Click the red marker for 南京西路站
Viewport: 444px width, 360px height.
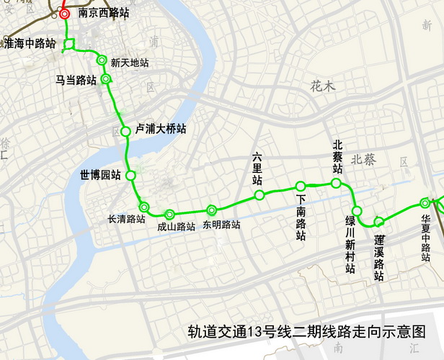tap(65, 14)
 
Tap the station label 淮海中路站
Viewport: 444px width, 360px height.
tap(30, 43)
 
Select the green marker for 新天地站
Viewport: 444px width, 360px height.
tap(102, 60)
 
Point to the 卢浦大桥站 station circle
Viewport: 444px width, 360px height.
tap(125, 131)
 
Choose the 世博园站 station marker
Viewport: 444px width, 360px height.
tap(130, 175)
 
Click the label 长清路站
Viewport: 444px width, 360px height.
tap(126, 219)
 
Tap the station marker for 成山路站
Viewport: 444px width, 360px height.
tap(169, 214)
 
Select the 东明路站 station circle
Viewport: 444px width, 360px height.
tap(211, 210)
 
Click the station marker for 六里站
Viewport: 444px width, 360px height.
tap(259, 194)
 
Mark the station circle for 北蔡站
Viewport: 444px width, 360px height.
tap(336, 184)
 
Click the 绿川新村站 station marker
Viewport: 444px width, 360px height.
tap(357, 211)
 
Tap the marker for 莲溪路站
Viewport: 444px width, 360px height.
tap(379, 220)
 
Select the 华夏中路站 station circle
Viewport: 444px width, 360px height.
tap(425, 204)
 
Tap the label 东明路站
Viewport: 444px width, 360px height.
tap(221, 225)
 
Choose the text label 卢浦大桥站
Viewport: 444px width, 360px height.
tap(161, 129)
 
